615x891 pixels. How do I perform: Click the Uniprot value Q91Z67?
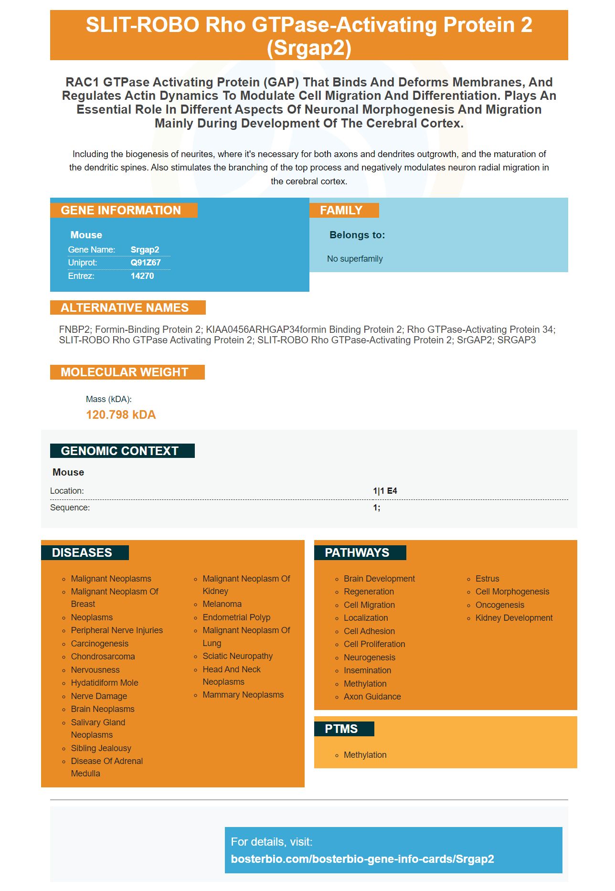coord(146,263)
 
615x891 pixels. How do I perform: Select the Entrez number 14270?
coord(142,276)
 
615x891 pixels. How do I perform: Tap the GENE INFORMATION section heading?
coord(121,211)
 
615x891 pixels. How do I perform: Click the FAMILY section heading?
coord(341,211)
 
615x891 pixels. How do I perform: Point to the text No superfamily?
coord(355,259)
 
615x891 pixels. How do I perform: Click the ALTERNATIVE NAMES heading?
coord(125,308)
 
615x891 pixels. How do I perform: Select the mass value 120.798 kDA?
coord(121,414)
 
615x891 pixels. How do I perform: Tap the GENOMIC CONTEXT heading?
coord(120,451)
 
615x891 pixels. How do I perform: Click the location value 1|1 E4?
coord(385,491)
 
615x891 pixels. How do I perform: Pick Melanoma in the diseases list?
coord(222,604)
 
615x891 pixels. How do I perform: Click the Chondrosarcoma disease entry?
coord(103,657)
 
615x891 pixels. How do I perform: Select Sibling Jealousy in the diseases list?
coord(101,748)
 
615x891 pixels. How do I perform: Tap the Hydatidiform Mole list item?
coord(105,683)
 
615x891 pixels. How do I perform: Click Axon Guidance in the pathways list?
coord(372,697)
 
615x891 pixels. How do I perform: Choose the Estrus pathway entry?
coord(487,579)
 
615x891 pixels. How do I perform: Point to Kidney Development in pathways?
coord(514,618)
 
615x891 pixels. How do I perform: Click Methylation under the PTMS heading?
coord(365,755)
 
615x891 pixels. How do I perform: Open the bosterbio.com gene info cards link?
coord(362,859)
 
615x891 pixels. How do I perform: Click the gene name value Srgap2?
coord(145,250)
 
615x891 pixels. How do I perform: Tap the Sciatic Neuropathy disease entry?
coord(238,656)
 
